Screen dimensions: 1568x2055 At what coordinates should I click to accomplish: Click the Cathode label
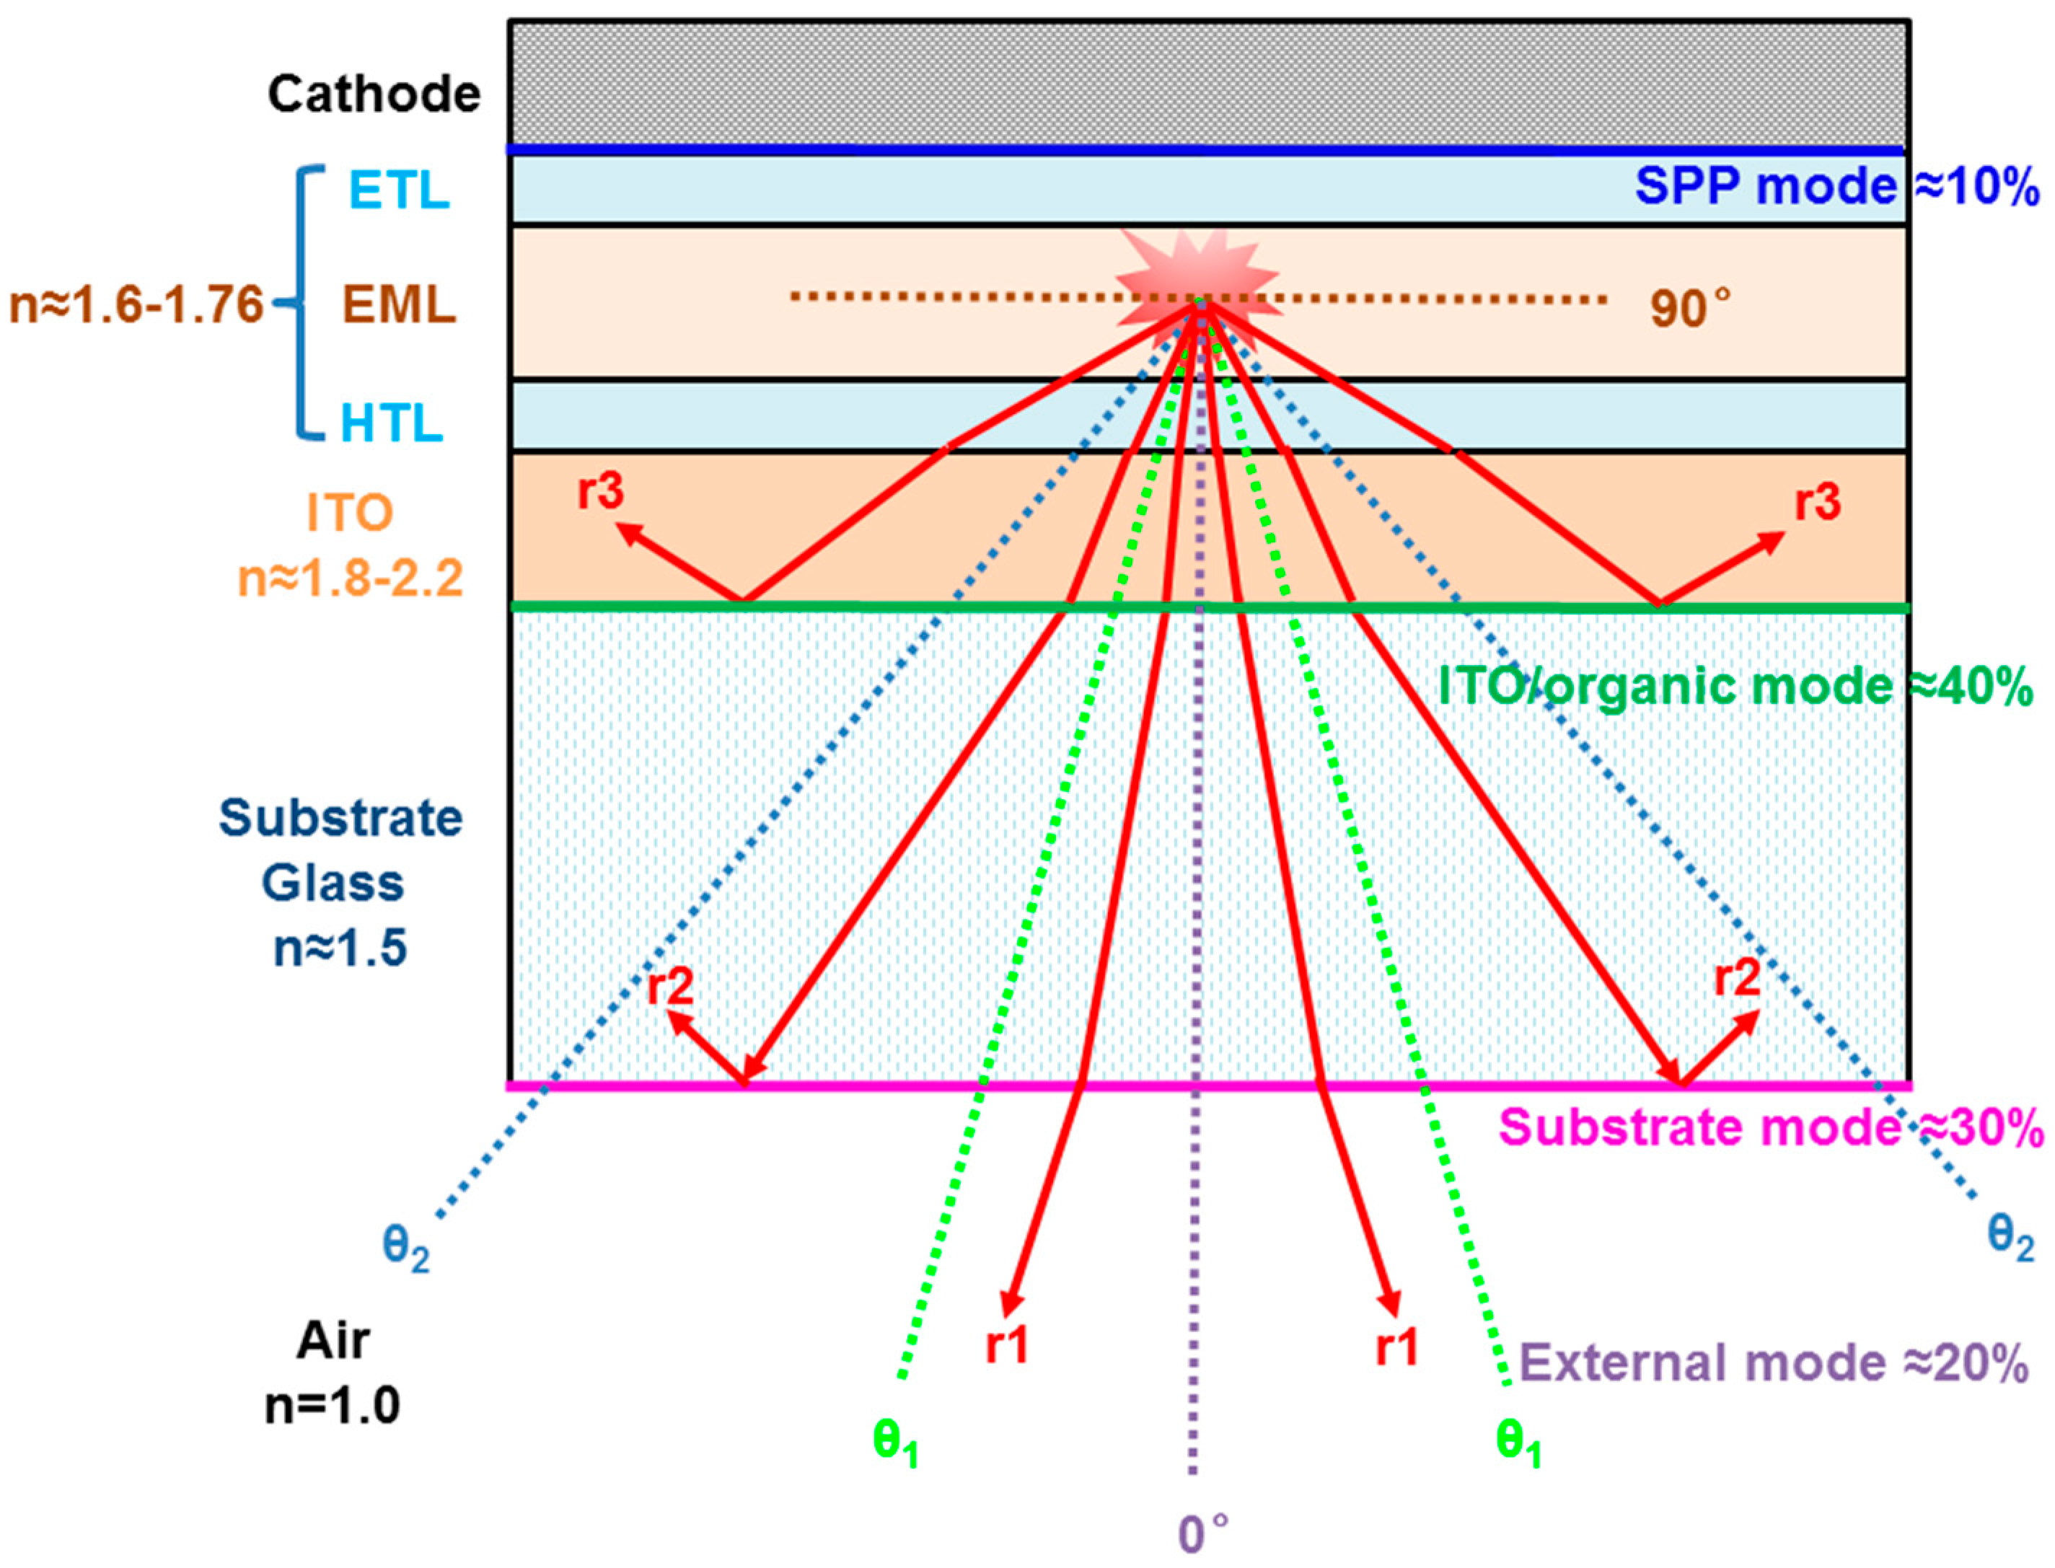coord(374,94)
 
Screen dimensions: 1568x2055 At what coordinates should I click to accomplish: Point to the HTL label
coord(391,423)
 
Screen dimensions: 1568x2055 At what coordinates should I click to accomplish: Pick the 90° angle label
coord(1689,308)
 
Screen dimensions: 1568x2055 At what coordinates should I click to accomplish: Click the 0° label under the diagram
coord(1202,1533)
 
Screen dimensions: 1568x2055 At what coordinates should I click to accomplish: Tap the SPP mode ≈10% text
coord(1836,187)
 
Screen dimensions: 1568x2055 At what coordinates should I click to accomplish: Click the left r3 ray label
coord(600,491)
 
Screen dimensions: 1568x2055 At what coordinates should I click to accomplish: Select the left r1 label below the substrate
coord(1006,1346)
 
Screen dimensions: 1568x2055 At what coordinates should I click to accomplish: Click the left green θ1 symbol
coord(895,1442)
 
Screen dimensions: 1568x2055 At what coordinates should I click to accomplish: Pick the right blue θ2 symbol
coord(2010,1238)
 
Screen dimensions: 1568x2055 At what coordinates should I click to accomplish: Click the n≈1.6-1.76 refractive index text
coord(136,305)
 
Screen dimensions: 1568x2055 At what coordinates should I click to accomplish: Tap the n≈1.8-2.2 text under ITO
coord(351,578)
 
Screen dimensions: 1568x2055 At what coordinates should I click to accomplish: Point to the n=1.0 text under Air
coord(333,1405)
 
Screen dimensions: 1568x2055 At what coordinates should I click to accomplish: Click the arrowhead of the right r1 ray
coord(1391,1304)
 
